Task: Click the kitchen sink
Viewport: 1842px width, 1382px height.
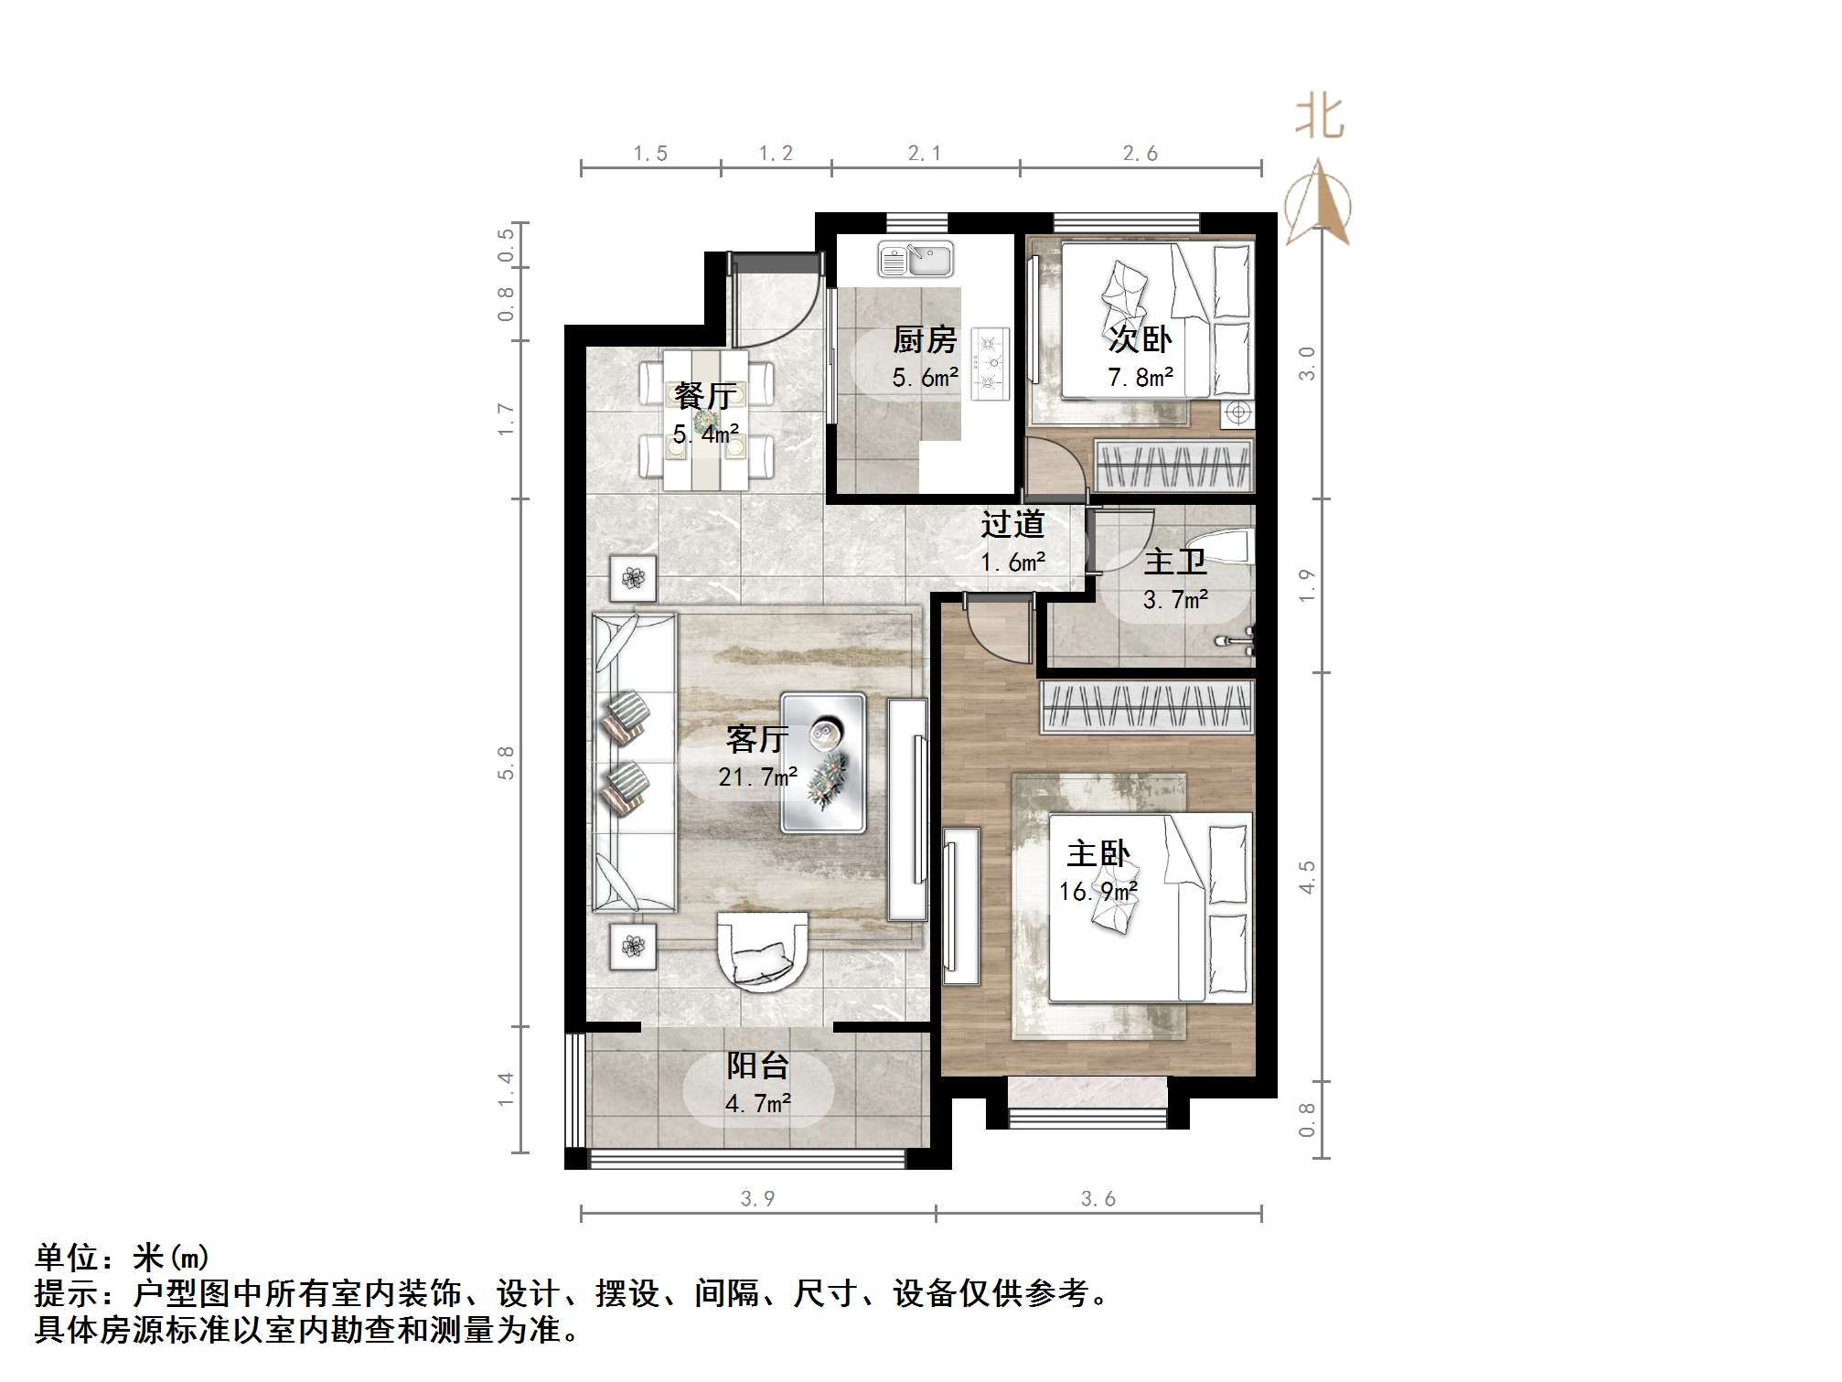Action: click(x=916, y=260)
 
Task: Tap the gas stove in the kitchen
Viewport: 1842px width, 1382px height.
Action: click(x=989, y=364)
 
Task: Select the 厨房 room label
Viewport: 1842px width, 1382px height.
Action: click(x=925, y=340)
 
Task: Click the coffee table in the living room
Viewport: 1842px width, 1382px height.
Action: click(x=823, y=763)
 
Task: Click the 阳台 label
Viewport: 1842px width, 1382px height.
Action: click(x=757, y=1066)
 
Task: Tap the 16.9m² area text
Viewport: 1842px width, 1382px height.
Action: click(x=1098, y=891)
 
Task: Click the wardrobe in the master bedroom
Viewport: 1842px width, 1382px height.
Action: click(x=1147, y=706)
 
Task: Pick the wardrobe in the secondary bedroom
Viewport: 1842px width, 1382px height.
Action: click(x=1173, y=466)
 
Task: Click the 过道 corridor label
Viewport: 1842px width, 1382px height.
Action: click(x=1012, y=524)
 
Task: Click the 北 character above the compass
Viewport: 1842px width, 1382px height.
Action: click(x=1319, y=119)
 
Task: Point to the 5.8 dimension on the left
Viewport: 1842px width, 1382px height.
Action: click(x=506, y=762)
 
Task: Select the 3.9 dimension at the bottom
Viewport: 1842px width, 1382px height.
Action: click(x=757, y=1198)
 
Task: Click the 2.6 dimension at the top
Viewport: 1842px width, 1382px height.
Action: click(x=1140, y=154)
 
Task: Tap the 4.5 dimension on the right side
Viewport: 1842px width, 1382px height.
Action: click(x=1307, y=876)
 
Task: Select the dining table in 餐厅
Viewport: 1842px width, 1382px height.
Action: click(x=705, y=420)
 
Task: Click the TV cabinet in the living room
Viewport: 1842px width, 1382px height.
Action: click(x=907, y=809)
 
